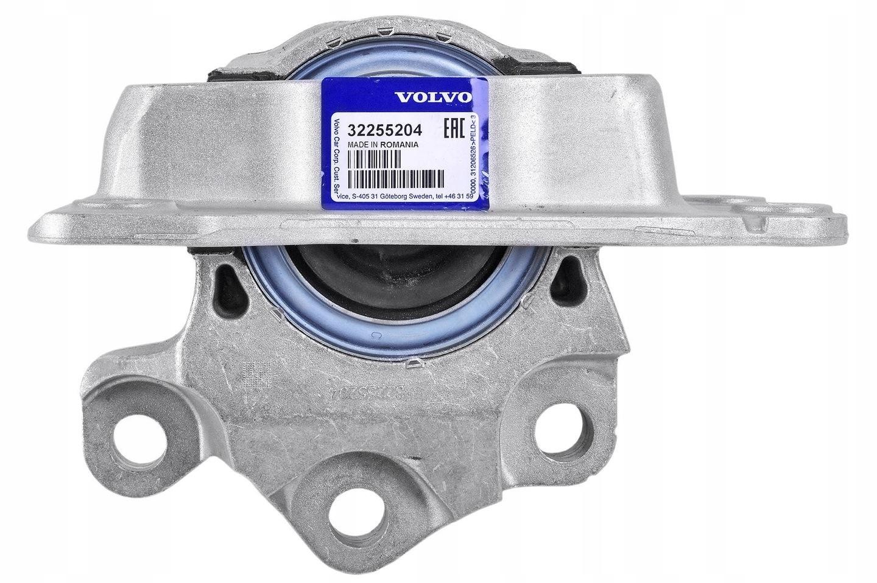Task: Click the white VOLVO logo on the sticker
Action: pos(432,97)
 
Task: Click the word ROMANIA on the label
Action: pos(396,145)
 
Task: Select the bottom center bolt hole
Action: pos(358,511)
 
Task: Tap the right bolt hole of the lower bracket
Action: pos(557,427)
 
